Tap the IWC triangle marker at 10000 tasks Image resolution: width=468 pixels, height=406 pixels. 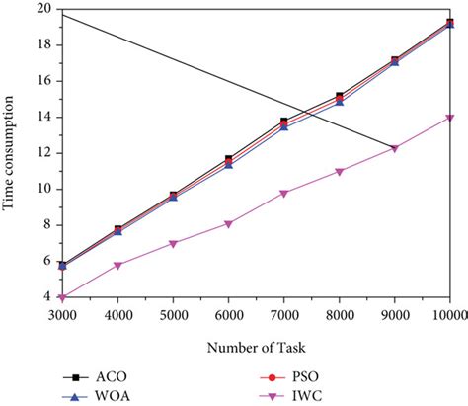pos(450,118)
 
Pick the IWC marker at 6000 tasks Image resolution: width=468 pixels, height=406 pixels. pos(229,224)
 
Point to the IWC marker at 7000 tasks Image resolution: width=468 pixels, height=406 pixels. pos(284,194)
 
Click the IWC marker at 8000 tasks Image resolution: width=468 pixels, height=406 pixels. pos(340,172)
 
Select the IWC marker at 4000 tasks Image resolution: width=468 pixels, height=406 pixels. pos(118,266)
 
